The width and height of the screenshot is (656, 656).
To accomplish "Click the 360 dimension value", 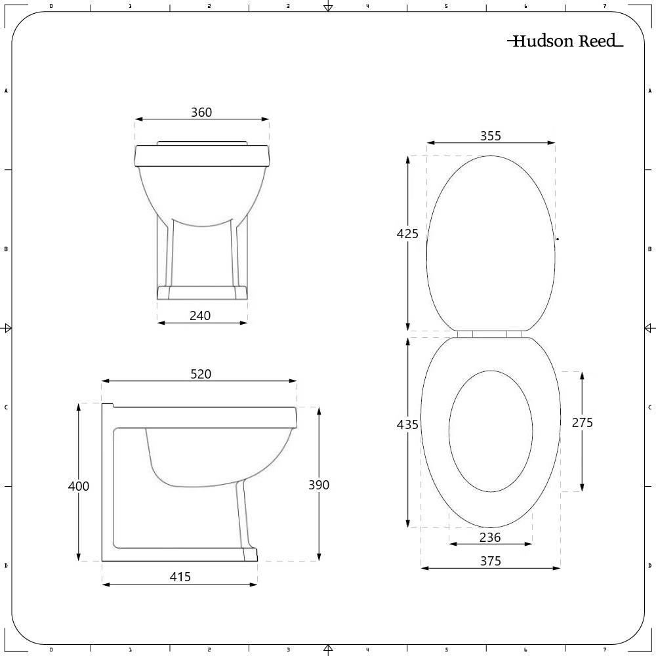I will coord(201,112).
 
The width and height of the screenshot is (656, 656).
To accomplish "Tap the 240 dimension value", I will coord(200,316).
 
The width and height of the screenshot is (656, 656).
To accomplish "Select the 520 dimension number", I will coord(201,374).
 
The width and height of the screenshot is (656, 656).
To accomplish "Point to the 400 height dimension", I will coord(79,486).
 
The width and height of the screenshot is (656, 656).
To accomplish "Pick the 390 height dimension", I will coord(319,485).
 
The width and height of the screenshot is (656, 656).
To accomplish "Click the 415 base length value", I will coord(180,577).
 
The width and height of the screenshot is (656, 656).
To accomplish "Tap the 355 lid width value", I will coord(490,136).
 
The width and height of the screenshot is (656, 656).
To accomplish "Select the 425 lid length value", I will coord(407,234).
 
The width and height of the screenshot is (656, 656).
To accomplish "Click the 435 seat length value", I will coord(407,424).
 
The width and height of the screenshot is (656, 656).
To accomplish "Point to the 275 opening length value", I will coord(582,422).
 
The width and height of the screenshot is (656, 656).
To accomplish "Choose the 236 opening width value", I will coord(490,537).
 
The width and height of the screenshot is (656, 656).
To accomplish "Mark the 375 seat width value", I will coord(490,561).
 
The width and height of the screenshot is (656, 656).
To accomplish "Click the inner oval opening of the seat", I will coord(490,431).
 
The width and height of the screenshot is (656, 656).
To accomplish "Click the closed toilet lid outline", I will coord(490,243).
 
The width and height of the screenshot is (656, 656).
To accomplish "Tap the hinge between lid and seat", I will coord(490,334).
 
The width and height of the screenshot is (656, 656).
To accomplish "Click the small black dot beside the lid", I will coord(558,239).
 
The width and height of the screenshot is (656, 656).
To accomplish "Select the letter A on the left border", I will coord(6,91).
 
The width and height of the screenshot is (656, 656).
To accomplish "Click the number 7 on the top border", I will coord(604,6).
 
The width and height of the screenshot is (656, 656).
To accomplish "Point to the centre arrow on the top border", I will coord(328,7).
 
